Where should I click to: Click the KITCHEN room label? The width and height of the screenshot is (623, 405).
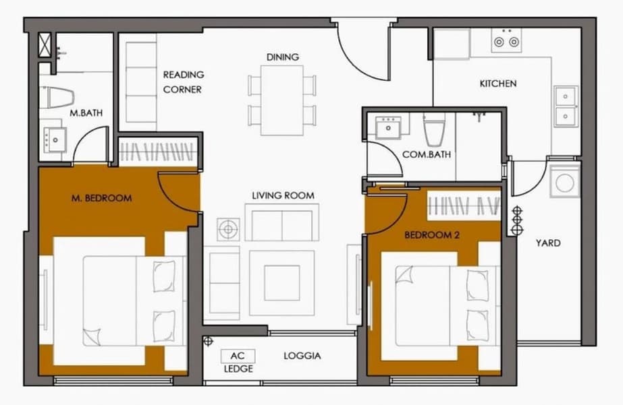click(498, 84)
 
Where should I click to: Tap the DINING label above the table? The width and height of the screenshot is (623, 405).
click(283, 57)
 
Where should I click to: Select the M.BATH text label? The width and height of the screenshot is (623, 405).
click(86, 113)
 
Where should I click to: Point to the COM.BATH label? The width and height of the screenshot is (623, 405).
click(427, 154)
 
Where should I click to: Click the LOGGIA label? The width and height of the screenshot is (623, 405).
click(302, 356)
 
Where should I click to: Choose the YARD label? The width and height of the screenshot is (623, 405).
click(548, 243)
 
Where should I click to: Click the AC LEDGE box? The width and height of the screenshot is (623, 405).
click(238, 356)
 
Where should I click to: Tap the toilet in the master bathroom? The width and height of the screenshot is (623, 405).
click(60, 97)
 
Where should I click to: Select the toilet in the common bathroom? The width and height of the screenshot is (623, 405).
click(434, 130)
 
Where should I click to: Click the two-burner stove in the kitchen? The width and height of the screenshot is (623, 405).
click(506, 40)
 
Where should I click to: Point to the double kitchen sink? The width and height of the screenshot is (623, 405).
click(565, 106)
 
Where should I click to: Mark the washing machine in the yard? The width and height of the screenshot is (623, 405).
click(564, 183)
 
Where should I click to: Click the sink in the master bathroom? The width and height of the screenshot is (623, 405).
click(55, 139)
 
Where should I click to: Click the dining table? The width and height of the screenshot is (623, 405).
click(282, 101)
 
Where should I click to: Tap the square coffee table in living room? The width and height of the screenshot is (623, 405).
click(282, 283)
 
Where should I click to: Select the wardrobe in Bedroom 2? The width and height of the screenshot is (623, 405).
click(464, 206)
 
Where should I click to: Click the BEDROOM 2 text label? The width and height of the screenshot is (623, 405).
click(432, 235)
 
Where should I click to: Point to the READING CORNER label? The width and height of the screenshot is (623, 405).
click(183, 82)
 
